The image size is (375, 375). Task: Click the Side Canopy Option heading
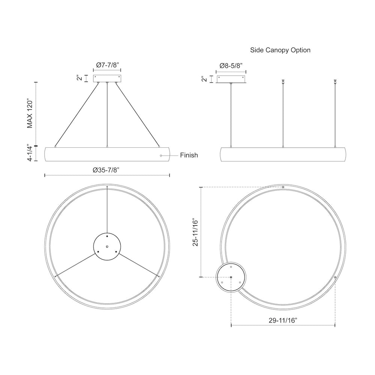pyautogui.click(x=280, y=50)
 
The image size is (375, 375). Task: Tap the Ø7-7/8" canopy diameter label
pyautogui.click(x=108, y=65)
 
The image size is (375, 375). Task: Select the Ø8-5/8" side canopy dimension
pyautogui.click(x=231, y=66)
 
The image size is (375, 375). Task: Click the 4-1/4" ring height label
pyautogui.click(x=29, y=153)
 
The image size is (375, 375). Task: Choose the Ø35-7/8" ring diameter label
pyautogui.click(x=106, y=170)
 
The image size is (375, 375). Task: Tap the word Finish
pyautogui.click(x=189, y=155)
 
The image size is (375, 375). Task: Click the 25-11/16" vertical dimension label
pyautogui.click(x=195, y=232)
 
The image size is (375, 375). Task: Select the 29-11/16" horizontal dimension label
pyautogui.click(x=283, y=321)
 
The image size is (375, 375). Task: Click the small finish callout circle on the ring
pyautogui.click(x=161, y=156)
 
